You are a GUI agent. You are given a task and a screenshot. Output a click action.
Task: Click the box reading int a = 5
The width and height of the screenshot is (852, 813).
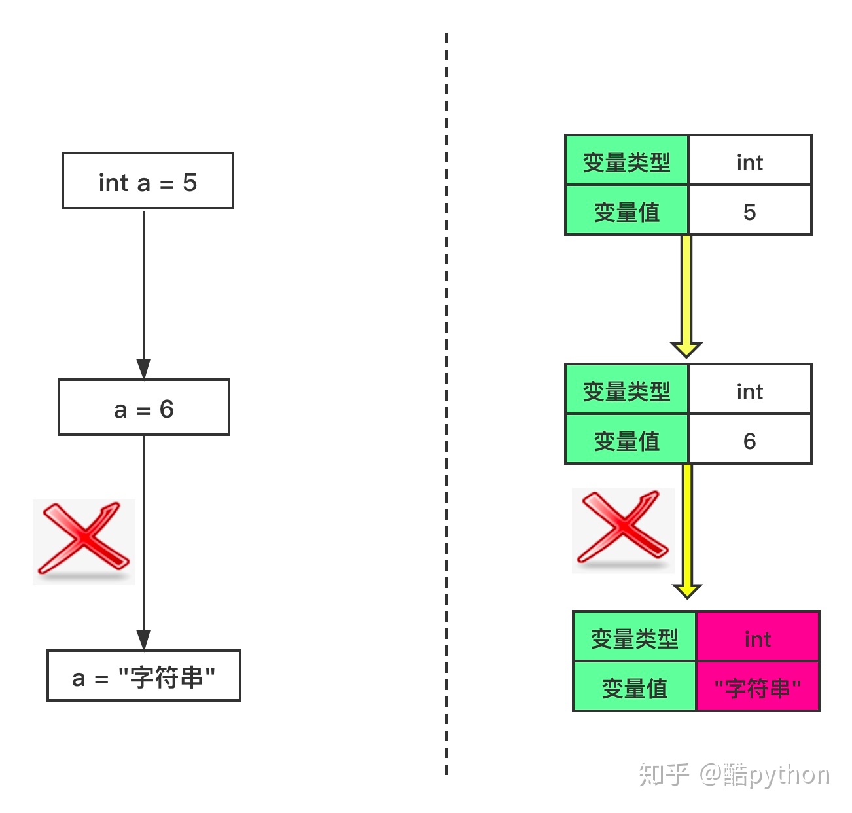pyautogui.click(x=148, y=181)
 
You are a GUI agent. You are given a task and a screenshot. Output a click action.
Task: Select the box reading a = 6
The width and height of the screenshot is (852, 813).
pyautogui.click(x=144, y=407)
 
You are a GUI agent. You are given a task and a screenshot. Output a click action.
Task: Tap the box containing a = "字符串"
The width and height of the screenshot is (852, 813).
pyautogui.click(x=144, y=675)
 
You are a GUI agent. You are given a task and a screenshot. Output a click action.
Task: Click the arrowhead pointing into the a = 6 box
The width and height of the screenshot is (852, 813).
pyautogui.click(x=143, y=369)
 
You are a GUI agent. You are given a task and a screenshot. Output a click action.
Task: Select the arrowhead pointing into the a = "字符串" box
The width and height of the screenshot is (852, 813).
pyautogui.click(x=143, y=640)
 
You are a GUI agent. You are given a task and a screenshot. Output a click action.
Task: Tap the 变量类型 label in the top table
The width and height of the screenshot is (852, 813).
pyautogui.click(x=627, y=162)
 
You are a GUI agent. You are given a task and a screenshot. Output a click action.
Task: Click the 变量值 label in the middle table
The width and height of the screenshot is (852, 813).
pyautogui.click(x=627, y=441)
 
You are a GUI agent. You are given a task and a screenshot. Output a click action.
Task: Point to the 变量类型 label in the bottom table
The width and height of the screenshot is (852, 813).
pyautogui.click(x=635, y=638)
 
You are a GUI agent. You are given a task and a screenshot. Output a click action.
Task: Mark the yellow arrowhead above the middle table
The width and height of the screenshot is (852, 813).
pyautogui.click(x=686, y=349)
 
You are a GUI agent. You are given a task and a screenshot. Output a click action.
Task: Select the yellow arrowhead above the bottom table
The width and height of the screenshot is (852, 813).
pyautogui.click(x=687, y=590)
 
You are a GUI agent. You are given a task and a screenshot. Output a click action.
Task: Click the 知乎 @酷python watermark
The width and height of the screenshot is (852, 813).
pyautogui.click(x=734, y=774)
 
